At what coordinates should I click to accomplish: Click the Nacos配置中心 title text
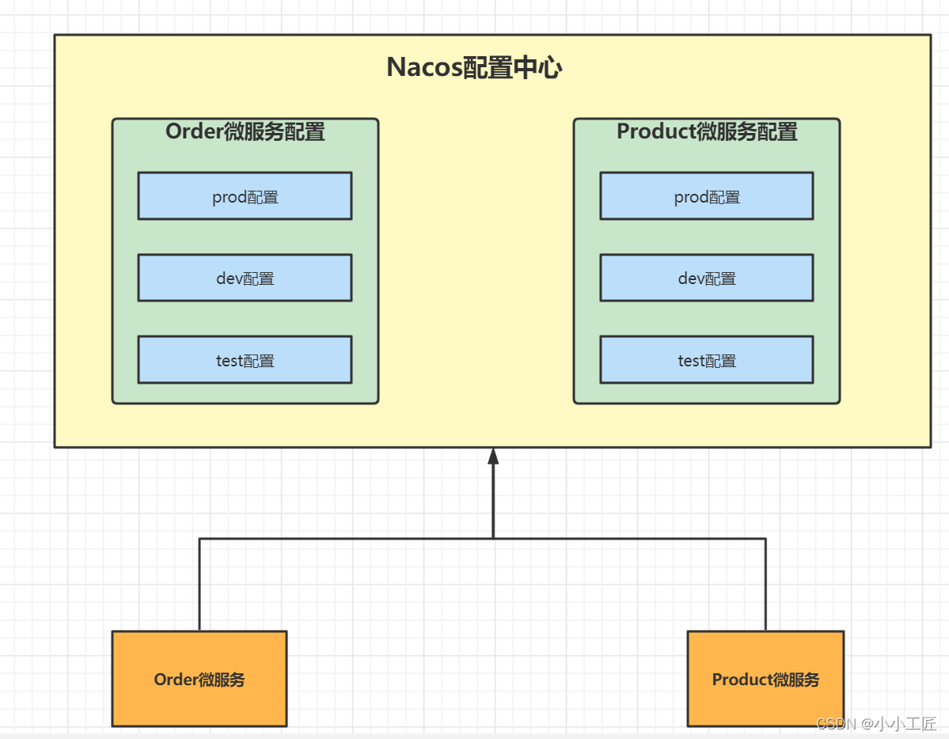[474, 68]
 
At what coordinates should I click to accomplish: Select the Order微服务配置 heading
[245, 131]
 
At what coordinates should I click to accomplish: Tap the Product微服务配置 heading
[707, 131]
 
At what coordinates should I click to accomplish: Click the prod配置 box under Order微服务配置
[245, 196]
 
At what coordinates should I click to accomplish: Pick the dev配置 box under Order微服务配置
[245, 278]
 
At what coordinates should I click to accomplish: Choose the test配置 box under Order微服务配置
[245, 360]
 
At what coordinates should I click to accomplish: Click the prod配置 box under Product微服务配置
[706, 196]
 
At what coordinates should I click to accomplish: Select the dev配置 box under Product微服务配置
[706, 278]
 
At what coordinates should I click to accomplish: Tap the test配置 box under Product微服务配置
[706, 360]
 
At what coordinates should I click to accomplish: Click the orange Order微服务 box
[199, 679]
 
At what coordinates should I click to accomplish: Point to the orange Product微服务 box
[765, 679]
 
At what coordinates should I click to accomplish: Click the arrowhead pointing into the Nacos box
[493, 457]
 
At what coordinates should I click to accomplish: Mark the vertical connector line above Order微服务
[199, 586]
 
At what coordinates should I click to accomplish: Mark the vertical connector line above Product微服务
[765, 586]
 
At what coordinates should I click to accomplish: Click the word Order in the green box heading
[194, 131]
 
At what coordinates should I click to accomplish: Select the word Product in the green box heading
[656, 131]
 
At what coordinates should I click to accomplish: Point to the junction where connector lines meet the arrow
[493, 539]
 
